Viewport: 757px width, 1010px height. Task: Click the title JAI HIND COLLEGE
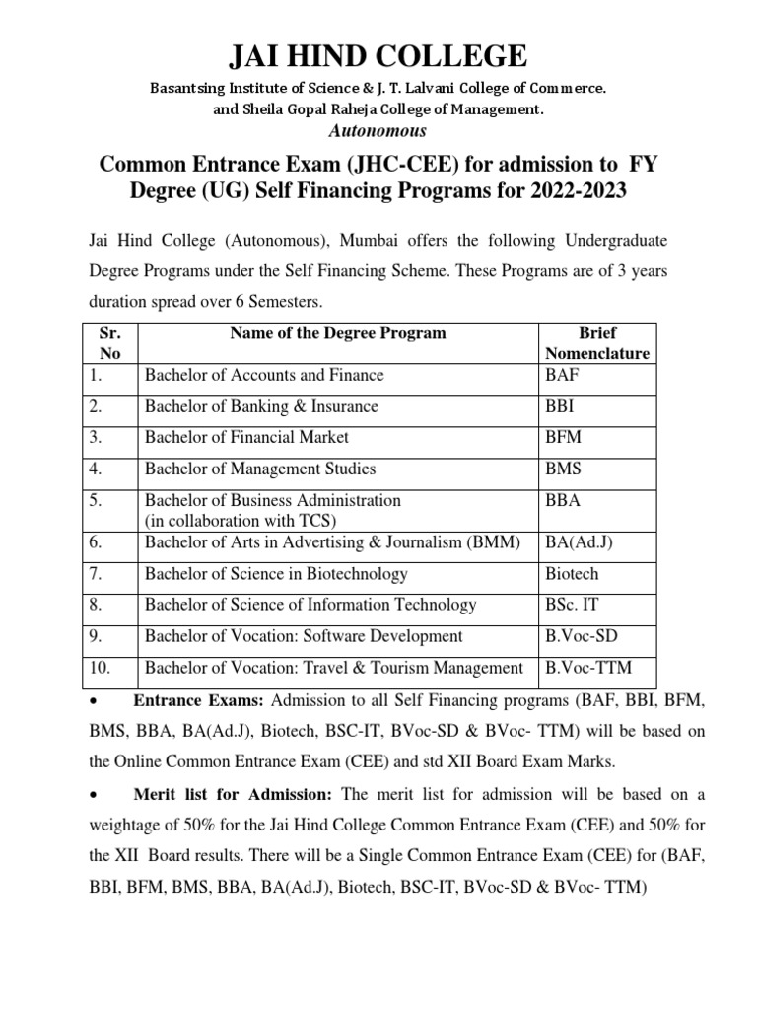pos(378,55)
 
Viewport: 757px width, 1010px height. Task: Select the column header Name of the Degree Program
pos(337,333)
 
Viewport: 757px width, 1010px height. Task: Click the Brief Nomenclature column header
pos(597,343)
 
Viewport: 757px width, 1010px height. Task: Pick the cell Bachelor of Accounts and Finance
pos(264,375)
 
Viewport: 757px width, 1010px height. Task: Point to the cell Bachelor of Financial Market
pos(246,437)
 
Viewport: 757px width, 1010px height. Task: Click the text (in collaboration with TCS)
pos(241,520)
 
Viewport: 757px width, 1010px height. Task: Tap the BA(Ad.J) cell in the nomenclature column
pos(582,541)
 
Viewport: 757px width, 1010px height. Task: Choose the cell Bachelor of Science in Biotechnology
pos(276,574)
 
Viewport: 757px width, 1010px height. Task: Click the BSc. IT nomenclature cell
pos(572,605)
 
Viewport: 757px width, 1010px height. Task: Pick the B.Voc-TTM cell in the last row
pos(588,668)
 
